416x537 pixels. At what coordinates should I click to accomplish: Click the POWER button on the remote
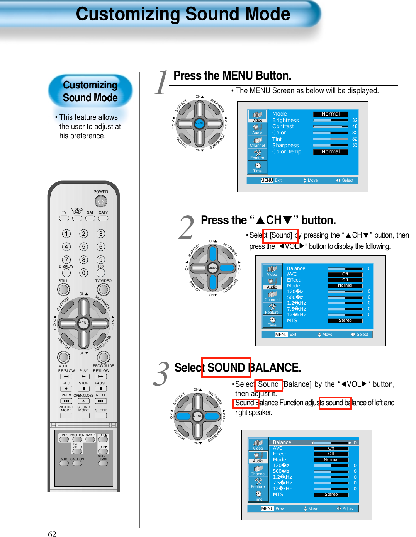[100, 201]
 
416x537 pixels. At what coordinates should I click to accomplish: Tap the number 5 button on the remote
[83, 246]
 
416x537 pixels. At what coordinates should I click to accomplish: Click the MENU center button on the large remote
[83, 323]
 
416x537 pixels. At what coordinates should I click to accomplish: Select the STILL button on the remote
[64, 289]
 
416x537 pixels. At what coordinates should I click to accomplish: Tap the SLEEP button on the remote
[101, 416]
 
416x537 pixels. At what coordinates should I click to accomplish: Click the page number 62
[52, 534]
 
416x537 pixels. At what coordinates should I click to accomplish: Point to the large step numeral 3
[161, 374]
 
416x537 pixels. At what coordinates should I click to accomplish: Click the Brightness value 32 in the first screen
[355, 120]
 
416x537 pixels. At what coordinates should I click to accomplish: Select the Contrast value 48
[355, 126]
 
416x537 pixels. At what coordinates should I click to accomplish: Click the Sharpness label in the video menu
[285, 145]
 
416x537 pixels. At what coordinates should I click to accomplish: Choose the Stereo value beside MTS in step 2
[345, 320]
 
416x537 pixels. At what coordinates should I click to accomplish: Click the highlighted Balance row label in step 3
[282, 442]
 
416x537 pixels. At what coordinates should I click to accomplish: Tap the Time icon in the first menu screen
[257, 167]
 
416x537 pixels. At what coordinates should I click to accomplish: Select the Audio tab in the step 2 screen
[272, 283]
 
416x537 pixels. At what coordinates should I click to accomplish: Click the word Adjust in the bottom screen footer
[348, 508]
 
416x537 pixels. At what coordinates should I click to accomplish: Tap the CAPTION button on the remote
[77, 463]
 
